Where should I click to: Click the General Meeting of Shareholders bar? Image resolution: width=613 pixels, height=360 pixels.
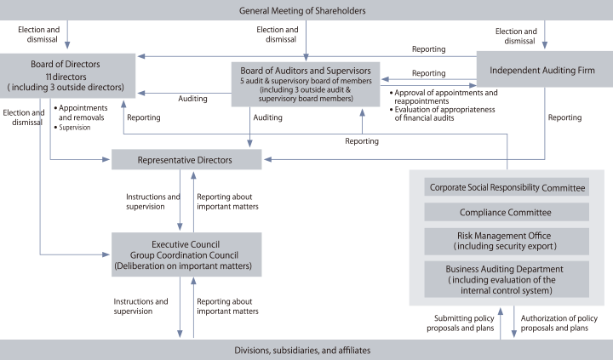[x=306, y=10]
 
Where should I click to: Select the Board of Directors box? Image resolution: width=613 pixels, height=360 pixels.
[x=66, y=75]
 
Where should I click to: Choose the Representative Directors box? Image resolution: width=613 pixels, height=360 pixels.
[x=185, y=159]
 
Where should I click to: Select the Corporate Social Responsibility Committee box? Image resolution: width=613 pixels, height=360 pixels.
[x=507, y=187]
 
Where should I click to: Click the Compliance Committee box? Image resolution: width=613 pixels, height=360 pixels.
[x=507, y=213]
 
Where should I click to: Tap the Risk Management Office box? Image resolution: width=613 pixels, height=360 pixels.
[x=507, y=241]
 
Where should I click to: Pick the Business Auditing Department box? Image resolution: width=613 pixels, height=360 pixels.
[x=507, y=279]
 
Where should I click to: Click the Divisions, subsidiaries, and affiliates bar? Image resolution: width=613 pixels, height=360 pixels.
[x=306, y=350]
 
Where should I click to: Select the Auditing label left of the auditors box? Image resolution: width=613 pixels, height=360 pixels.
[x=192, y=99]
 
